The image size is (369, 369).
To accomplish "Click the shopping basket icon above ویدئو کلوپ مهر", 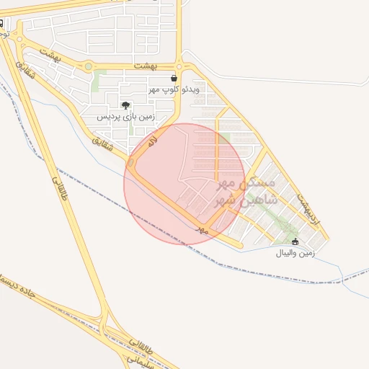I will coord(174,78).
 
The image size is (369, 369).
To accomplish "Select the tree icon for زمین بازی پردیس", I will coord(126,105).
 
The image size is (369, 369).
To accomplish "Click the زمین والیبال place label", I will coord(295,253).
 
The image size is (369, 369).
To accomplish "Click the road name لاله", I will coord(151,143).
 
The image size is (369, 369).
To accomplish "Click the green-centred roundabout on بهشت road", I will coord(89,66).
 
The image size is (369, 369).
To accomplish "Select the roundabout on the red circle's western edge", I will coord(131,164).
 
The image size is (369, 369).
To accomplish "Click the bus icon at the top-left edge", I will coord(1,22).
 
